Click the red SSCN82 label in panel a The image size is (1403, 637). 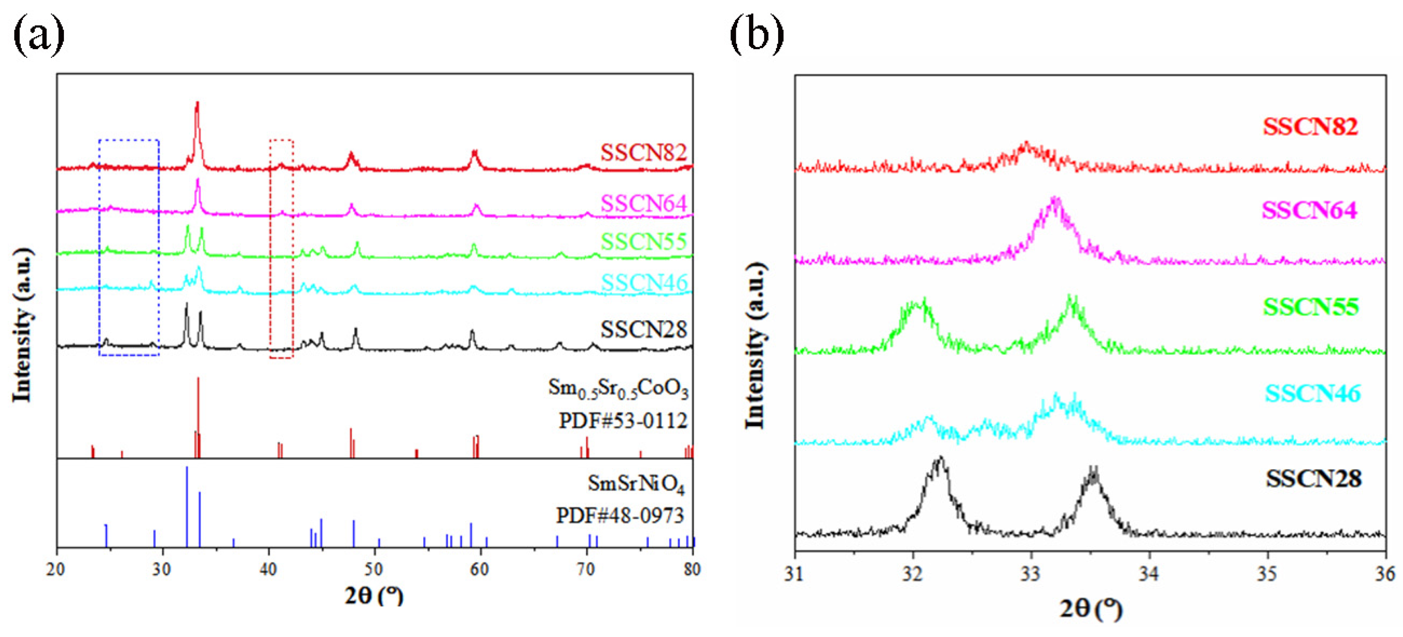point(643,152)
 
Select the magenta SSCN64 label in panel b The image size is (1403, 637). point(1309,210)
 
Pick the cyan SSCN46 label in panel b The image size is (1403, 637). point(1312,393)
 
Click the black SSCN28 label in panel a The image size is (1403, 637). point(643,330)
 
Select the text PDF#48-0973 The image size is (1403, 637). point(620,515)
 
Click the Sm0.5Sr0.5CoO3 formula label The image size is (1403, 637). point(618,389)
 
